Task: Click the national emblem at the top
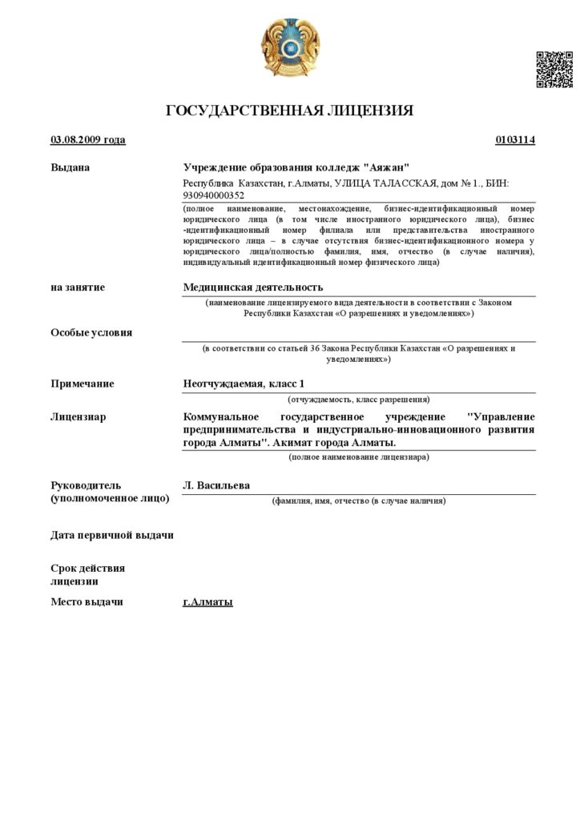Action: click(290, 47)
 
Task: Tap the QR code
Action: click(554, 69)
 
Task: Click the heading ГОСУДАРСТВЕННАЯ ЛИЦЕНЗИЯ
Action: click(290, 111)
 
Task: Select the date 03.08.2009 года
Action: click(88, 140)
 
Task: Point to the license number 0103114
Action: click(515, 140)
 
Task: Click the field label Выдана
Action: click(70, 167)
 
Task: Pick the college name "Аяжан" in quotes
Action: click(386, 167)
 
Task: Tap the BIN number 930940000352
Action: click(214, 195)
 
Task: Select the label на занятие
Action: click(78, 287)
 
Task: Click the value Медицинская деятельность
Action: click(253, 287)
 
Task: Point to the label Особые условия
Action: click(91, 332)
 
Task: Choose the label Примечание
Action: click(83, 384)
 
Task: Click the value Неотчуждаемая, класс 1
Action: click(244, 384)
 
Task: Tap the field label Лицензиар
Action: click(79, 416)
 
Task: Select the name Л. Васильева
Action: click(216, 485)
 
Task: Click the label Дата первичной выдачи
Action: click(112, 535)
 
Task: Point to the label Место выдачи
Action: click(87, 601)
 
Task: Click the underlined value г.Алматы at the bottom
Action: click(207, 601)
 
